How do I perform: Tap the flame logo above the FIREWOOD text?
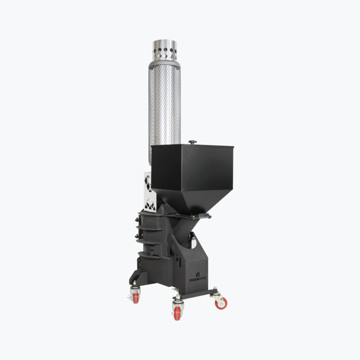tap(198, 274)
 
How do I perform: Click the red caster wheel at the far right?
tap(221, 303)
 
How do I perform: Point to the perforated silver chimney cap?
tap(165, 51)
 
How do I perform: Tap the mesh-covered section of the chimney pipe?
tap(164, 110)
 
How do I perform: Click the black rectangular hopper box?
tap(192, 167)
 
